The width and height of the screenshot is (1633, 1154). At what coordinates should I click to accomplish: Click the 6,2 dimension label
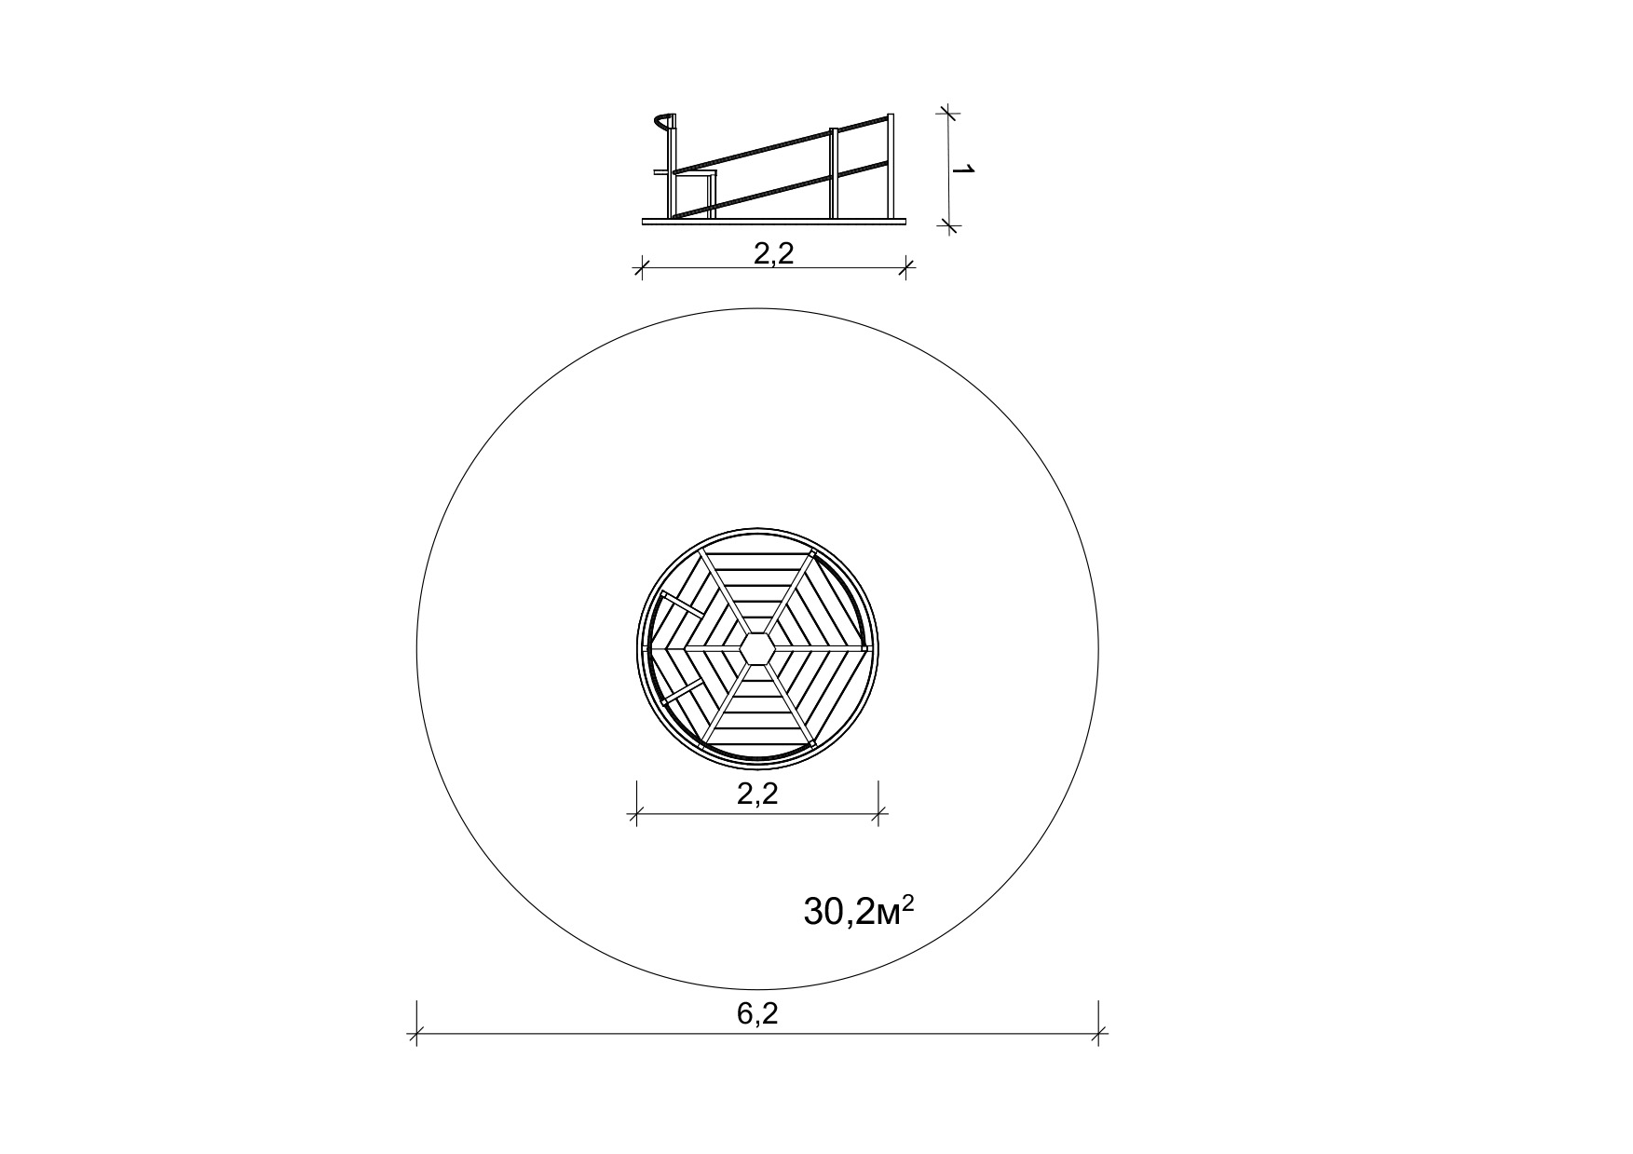(x=757, y=1014)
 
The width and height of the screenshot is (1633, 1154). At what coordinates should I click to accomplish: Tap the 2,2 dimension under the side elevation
(x=773, y=253)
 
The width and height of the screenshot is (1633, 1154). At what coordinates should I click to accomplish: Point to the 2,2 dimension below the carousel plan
(x=756, y=794)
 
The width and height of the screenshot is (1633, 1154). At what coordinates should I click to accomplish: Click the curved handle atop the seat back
(x=662, y=121)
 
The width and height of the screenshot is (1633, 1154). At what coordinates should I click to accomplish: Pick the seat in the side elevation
(x=687, y=172)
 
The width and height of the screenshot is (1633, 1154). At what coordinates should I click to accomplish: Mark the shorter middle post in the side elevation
(x=835, y=173)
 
